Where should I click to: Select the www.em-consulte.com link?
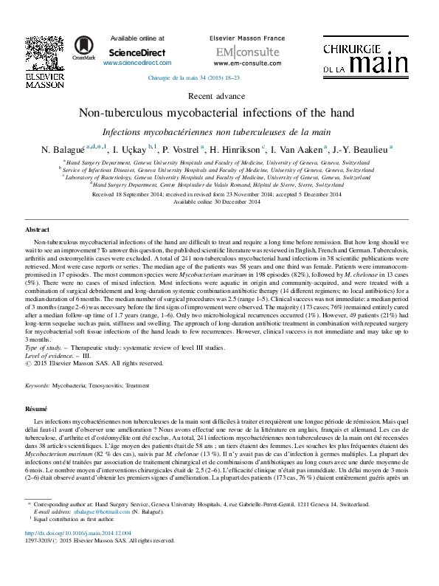(238, 63)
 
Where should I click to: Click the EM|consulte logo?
(238, 52)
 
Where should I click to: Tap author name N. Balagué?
(63, 149)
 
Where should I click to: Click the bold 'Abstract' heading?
(38, 230)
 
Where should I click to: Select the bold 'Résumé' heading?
(36, 407)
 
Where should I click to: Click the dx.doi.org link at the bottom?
(78, 553)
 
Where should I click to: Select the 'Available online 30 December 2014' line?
(217, 201)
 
